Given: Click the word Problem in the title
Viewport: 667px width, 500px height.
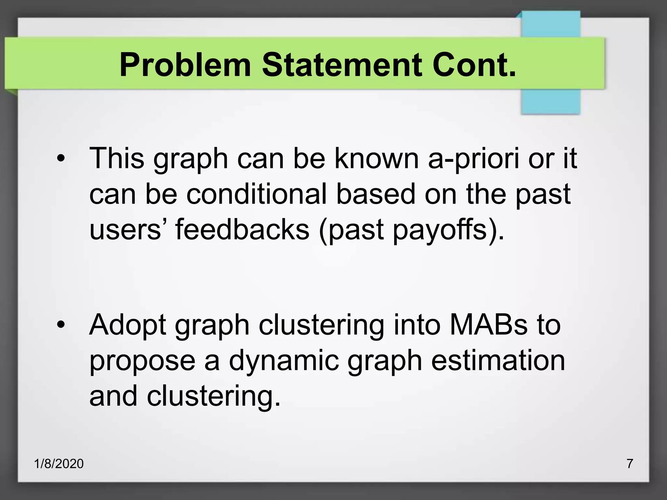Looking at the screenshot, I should pos(185,65).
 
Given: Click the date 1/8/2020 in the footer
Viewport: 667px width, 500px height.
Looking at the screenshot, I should pos(59,464).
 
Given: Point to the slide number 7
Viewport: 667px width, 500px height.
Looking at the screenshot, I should pos(630,463).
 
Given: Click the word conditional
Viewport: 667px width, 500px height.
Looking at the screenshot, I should pos(256,194).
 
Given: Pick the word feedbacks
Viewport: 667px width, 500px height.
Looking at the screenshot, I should pos(242,229).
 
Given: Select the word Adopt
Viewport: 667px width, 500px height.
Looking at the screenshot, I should pos(128,326).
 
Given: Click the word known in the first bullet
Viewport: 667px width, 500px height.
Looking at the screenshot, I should pos(377,159).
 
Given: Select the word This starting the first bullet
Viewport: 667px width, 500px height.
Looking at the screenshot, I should pos(117,159).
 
